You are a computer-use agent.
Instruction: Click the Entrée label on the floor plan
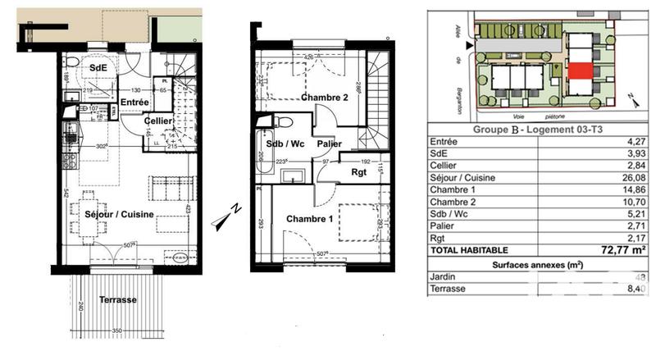click(134, 102)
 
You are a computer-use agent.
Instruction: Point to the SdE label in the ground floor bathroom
click(98, 67)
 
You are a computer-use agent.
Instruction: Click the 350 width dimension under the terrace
click(117, 330)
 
